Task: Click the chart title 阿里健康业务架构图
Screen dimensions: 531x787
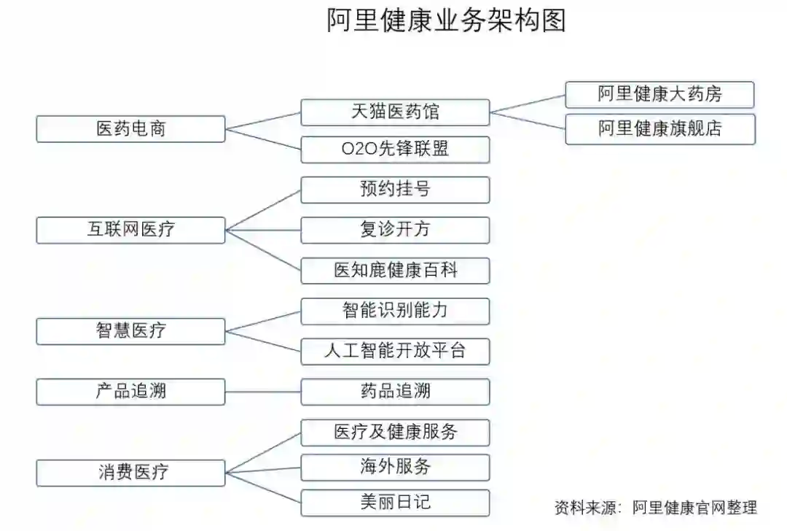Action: (x=446, y=20)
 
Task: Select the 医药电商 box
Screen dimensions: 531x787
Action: (x=131, y=129)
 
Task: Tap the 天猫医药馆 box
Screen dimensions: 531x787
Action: (x=395, y=112)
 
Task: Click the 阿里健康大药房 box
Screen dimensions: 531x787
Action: (x=659, y=95)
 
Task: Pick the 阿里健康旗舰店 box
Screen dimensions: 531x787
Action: (x=659, y=129)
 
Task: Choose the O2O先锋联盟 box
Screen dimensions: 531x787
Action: (x=395, y=150)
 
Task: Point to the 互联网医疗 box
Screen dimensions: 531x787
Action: (x=131, y=230)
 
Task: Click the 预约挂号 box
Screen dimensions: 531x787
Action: (x=395, y=190)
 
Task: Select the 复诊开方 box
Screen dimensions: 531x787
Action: (x=395, y=230)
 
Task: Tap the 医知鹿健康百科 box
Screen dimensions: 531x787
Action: (x=395, y=271)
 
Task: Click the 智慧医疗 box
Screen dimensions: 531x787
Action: (x=131, y=330)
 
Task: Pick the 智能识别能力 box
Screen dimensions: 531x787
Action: (x=395, y=311)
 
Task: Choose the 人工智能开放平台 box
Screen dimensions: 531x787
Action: (x=395, y=351)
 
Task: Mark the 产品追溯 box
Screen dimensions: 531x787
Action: (x=131, y=391)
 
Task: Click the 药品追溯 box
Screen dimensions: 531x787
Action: (x=395, y=391)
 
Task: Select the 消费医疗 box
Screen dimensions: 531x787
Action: (x=131, y=472)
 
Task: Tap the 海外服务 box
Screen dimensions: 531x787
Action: (x=395, y=467)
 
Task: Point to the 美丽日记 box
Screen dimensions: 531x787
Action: (x=395, y=503)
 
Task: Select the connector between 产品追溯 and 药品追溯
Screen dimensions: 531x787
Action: (x=263, y=392)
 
